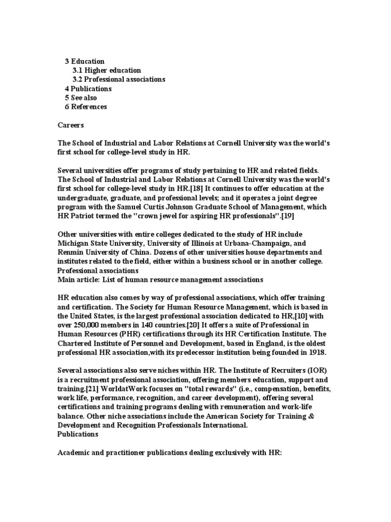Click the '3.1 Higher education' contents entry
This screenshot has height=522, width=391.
(x=106, y=70)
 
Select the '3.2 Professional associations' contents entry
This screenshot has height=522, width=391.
(x=119, y=80)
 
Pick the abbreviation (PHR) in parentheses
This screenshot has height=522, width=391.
(x=128, y=343)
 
